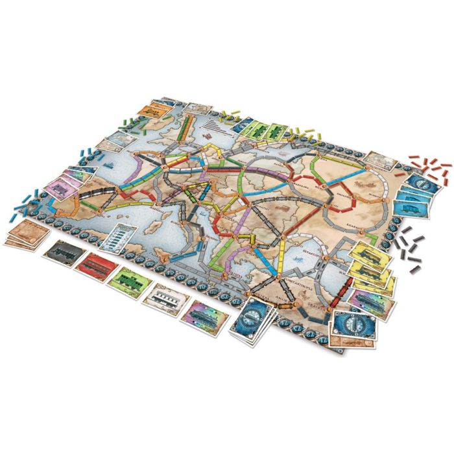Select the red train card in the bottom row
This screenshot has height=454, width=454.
tap(95, 261)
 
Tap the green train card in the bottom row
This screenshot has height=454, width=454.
tap(128, 278)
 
